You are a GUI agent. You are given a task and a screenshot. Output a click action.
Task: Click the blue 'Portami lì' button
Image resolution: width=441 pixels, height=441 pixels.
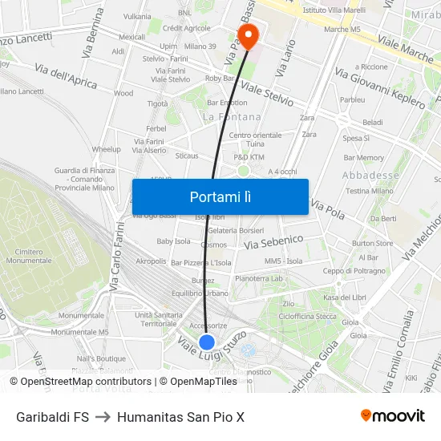click(x=220, y=196)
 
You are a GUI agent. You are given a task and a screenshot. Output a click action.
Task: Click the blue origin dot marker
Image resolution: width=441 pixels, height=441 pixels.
click(x=207, y=342)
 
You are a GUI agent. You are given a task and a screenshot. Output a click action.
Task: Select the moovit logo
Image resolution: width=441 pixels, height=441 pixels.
click(x=392, y=416)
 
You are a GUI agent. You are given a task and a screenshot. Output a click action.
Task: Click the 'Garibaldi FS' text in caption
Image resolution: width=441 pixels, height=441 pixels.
click(x=52, y=417)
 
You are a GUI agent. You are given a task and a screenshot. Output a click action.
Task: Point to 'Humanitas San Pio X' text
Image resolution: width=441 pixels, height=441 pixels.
click(x=180, y=417)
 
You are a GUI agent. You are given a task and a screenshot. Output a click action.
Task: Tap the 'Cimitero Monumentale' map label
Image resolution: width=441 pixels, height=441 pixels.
click(x=28, y=256)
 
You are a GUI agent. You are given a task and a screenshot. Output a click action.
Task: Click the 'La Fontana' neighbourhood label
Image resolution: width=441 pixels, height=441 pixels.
click(x=232, y=117)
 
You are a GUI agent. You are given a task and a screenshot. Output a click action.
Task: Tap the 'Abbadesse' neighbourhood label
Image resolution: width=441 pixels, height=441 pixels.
click(x=370, y=175)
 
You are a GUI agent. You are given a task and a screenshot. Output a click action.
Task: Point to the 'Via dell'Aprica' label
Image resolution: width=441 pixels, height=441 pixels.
click(x=66, y=76)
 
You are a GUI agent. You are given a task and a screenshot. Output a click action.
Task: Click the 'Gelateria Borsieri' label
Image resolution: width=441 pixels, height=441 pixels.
click(x=236, y=231)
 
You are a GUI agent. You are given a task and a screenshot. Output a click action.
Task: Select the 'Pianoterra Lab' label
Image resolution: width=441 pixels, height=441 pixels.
click(x=259, y=278)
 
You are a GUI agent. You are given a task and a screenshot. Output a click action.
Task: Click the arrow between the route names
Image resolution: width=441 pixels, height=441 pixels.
click(x=103, y=417)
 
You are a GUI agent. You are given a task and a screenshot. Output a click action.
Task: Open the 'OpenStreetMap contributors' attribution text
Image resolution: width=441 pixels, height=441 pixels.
click(x=85, y=382)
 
